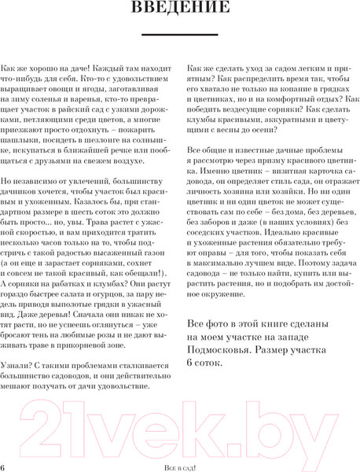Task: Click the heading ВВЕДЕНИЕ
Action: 180,9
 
